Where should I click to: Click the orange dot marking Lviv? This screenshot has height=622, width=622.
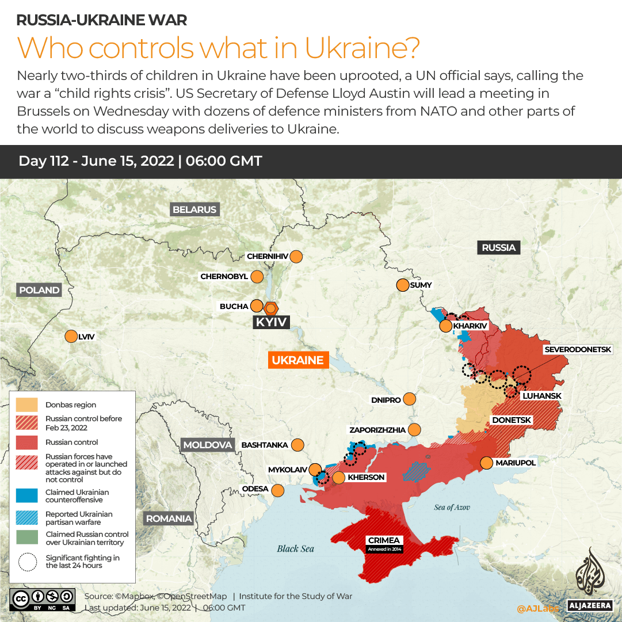click(71, 337)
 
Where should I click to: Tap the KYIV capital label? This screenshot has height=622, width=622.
click(271, 322)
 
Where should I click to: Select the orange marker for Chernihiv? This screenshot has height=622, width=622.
click(296, 256)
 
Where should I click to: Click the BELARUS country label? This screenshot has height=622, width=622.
click(194, 209)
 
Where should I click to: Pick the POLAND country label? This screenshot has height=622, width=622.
click(39, 290)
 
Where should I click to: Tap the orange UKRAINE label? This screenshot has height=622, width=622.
click(297, 360)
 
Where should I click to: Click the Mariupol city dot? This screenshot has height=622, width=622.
click(487, 463)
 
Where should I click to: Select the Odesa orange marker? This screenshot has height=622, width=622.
click(278, 490)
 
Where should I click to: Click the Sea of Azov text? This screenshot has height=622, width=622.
click(452, 507)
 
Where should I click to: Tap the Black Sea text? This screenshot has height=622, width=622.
click(295, 548)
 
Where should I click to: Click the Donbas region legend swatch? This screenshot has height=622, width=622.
click(27, 405)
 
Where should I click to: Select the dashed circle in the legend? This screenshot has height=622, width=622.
click(27, 562)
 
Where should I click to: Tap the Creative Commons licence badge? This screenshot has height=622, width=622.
click(43, 598)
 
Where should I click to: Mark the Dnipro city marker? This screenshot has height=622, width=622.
click(410, 399)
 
